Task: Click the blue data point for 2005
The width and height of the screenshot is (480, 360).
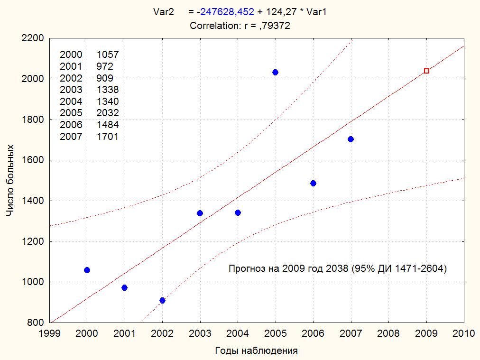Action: [275, 72]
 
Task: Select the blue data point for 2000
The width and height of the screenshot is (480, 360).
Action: [87, 270]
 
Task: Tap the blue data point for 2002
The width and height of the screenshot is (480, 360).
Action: [162, 300]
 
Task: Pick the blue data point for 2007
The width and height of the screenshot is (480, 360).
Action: [351, 139]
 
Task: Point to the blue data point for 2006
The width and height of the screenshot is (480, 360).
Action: [313, 183]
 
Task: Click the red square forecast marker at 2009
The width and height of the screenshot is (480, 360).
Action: [426, 71]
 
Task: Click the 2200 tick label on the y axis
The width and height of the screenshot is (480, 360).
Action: [33, 38]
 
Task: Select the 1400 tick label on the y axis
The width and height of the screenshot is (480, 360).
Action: [33, 201]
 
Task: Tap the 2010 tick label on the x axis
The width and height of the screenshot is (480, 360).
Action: [463, 333]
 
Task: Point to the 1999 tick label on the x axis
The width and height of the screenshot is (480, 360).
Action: [49, 333]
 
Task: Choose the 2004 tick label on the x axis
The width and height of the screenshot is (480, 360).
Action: [238, 333]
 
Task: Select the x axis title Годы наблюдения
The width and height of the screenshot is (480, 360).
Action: [256, 351]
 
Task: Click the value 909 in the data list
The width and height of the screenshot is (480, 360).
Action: [104, 78]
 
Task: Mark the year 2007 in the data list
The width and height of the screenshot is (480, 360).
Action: [71, 137]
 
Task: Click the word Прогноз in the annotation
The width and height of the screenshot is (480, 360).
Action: [247, 269]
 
